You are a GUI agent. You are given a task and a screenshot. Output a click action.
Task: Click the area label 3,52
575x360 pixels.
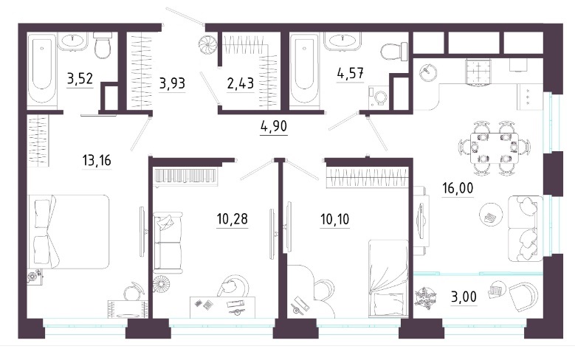tap(80, 79)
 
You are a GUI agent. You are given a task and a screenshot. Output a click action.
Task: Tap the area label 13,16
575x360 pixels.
tap(97, 161)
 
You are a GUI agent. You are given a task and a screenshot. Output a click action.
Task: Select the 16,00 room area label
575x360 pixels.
tap(458, 188)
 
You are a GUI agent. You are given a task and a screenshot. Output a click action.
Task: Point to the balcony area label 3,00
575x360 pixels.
tap(464, 297)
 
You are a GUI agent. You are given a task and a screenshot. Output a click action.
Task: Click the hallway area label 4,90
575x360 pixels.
tap(274, 126)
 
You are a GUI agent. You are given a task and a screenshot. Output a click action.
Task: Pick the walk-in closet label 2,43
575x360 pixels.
tap(240, 84)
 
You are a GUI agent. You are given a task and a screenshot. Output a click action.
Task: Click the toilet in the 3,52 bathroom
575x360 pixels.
tap(103, 45)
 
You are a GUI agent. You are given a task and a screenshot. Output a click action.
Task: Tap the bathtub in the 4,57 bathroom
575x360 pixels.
tap(303, 70)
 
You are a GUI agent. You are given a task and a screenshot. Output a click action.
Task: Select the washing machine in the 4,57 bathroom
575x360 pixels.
tap(379, 97)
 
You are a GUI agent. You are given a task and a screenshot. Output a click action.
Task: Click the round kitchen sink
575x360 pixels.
tap(427, 72)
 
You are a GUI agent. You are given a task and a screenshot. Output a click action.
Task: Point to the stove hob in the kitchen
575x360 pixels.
tap(478, 72)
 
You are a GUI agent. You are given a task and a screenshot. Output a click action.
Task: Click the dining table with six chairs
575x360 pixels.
tap(495, 148)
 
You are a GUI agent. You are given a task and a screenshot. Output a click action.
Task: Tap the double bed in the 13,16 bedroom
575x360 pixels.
tap(69, 232)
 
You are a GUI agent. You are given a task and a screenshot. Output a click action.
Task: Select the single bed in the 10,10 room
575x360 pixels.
tap(388, 278)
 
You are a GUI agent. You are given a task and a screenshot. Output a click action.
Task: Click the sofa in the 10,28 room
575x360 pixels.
tap(168, 242)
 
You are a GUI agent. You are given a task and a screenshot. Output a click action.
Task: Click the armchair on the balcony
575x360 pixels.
tap(522, 294)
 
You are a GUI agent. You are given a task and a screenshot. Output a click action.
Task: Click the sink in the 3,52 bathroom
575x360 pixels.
tap(73, 41)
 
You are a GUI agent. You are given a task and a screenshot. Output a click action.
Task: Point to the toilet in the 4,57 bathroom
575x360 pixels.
tap(395, 52)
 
